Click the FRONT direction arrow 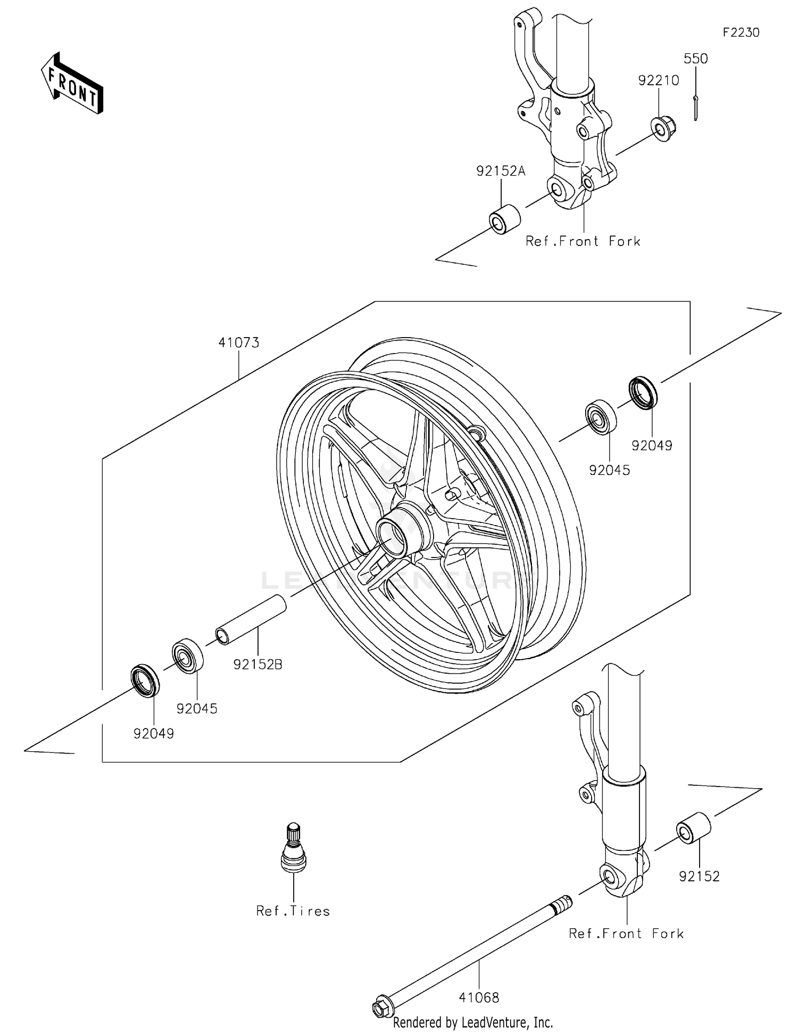click(x=72, y=84)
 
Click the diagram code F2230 click(x=741, y=32)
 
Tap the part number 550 click(x=695, y=59)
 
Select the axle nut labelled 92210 click(x=662, y=128)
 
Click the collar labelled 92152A click(x=504, y=219)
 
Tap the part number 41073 click(x=239, y=342)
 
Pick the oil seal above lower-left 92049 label click(x=145, y=680)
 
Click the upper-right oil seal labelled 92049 click(x=643, y=393)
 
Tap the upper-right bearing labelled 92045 click(x=601, y=417)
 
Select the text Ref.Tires click(x=293, y=911)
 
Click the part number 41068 click(x=479, y=997)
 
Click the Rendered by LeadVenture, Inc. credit click(x=473, y=1022)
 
